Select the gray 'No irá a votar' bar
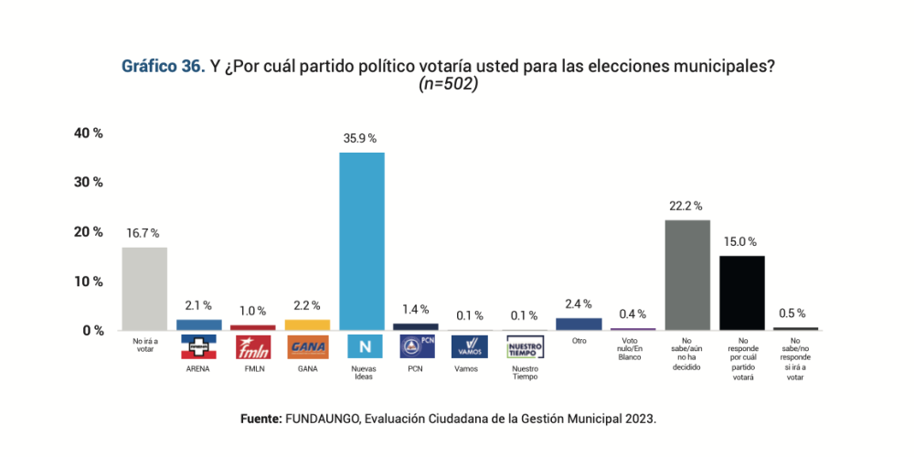(x=144, y=289)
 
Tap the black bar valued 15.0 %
(x=742, y=292)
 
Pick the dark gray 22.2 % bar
(x=687, y=275)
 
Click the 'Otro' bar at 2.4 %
(x=579, y=324)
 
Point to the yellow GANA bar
(x=307, y=324)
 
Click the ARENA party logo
(x=198, y=347)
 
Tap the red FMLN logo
(x=253, y=347)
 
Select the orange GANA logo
(x=307, y=347)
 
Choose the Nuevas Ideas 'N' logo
(x=362, y=347)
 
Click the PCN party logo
(x=416, y=347)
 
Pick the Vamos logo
(x=470, y=347)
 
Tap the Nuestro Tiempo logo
(x=525, y=347)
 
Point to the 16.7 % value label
(x=143, y=233)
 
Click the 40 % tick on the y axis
(x=89, y=133)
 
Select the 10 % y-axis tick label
(x=89, y=282)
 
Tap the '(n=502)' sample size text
(x=449, y=84)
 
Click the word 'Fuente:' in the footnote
(x=261, y=419)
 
